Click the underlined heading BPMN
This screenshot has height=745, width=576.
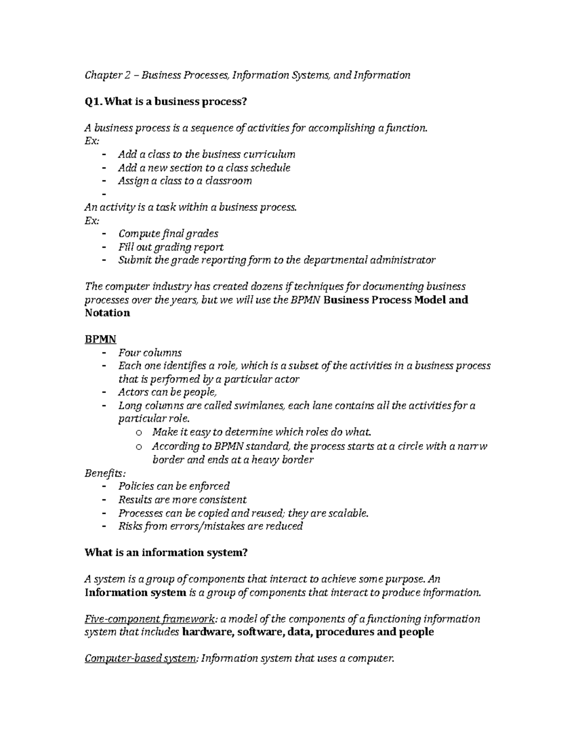click(x=100, y=339)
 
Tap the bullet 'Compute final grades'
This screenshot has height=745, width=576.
click(x=168, y=234)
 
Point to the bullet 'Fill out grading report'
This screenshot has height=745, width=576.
click(x=170, y=247)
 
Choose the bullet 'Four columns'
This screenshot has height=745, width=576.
click(x=150, y=353)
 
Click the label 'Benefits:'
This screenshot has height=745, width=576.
click(x=102, y=473)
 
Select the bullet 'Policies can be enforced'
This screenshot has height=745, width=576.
click(x=174, y=486)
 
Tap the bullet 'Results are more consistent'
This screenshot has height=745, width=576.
click(x=182, y=500)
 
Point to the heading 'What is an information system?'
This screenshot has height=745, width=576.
click(x=166, y=553)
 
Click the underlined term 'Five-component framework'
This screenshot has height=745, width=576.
click(x=148, y=619)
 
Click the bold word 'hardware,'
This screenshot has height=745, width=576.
click(x=208, y=632)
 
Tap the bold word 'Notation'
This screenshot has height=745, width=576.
click(x=107, y=313)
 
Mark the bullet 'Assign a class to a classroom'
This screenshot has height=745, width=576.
click(x=185, y=181)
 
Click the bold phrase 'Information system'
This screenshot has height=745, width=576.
click(x=135, y=592)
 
